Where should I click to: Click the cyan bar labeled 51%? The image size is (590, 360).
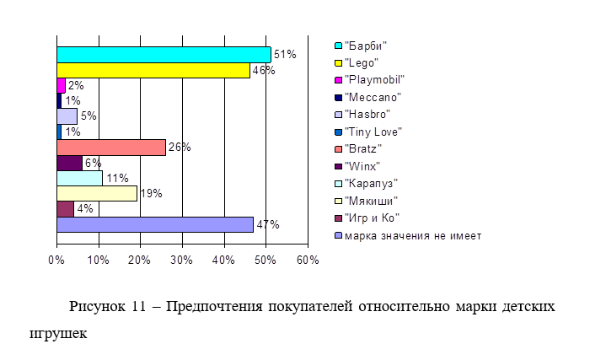(x=163, y=55)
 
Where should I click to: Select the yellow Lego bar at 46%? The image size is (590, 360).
(x=153, y=70)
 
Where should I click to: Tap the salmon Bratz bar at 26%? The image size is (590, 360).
(x=110, y=148)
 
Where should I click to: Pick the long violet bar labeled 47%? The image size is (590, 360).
(x=154, y=224)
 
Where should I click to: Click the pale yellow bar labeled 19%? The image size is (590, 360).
(x=96, y=194)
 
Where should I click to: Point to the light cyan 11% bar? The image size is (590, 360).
(x=79, y=178)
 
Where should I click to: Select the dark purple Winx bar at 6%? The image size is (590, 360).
(x=69, y=163)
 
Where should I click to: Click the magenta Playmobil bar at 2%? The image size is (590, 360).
(x=61, y=85)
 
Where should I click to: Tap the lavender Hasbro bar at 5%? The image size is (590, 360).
(x=67, y=116)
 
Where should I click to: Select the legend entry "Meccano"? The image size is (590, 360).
(x=373, y=97)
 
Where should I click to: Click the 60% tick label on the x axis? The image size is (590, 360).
(x=308, y=261)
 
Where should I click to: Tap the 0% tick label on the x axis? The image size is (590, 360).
(x=56, y=261)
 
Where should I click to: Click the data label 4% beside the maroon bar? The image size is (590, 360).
(x=84, y=209)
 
